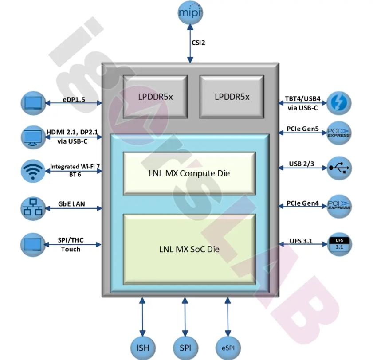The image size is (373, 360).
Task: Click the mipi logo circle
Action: [x=190, y=12]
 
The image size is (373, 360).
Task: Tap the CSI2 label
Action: [x=198, y=43]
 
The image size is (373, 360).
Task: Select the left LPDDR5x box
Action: [x=155, y=97]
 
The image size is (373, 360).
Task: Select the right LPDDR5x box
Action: [x=232, y=97]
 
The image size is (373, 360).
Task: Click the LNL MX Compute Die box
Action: [x=189, y=173]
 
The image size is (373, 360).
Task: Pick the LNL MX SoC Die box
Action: [x=189, y=249]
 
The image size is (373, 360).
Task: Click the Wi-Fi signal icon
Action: [x=33, y=171]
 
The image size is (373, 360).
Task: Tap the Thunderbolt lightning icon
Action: [x=339, y=103]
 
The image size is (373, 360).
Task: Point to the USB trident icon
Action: [x=339, y=168]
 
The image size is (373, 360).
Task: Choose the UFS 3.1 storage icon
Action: [x=339, y=244]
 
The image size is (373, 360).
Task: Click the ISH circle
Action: [x=143, y=348]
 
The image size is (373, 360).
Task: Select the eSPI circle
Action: [x=228, y=348]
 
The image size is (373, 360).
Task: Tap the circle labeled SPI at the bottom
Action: [x=185, y=348]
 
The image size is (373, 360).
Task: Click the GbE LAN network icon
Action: [x=33, y=208]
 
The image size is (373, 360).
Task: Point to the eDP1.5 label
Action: [x=74, y=99]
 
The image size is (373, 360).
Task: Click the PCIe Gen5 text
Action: [x=302, y=129]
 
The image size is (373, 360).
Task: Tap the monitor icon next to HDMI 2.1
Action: [x=33, y=137]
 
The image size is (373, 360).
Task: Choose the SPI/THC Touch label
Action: [x=71, y=244]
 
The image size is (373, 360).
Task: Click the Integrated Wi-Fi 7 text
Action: [x=75, y=166]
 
